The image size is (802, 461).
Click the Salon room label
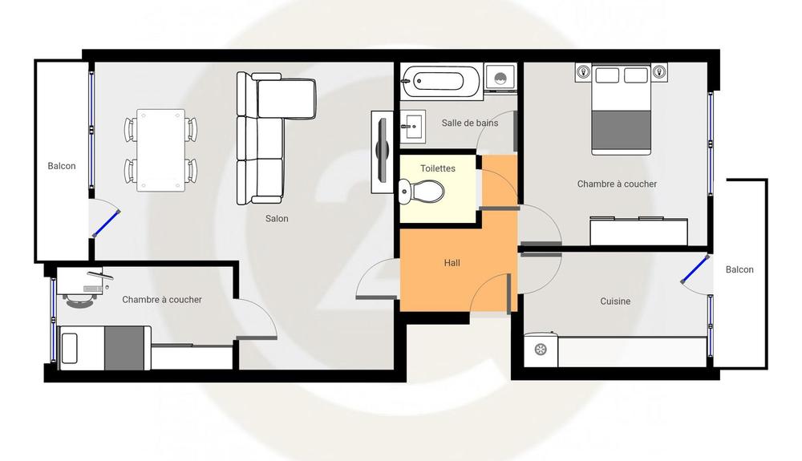[x=277, y=219]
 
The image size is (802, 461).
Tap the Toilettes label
[x=438, y=168]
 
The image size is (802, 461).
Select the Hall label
[x=452, y=263]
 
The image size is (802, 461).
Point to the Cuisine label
[x=615, y=301]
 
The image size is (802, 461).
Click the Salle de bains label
[x=469, y=123]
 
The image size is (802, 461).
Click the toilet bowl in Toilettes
[x=421, y=191]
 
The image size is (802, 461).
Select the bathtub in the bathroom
[x=441, y=81]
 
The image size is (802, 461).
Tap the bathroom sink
[x=413, y=125]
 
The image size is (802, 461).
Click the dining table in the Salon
[x=160, y=150]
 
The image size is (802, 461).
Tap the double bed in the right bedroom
[x=621, y=110]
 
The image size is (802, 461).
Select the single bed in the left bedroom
[x=105, y=347]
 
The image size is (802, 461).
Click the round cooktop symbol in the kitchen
[x=541, y=350]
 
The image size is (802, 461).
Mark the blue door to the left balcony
[x=107, y=224]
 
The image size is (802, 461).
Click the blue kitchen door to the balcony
[x=695, y=269]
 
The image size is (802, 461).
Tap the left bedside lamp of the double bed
[x=583, y=71]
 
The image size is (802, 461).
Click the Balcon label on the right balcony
[x=739, y=269]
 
